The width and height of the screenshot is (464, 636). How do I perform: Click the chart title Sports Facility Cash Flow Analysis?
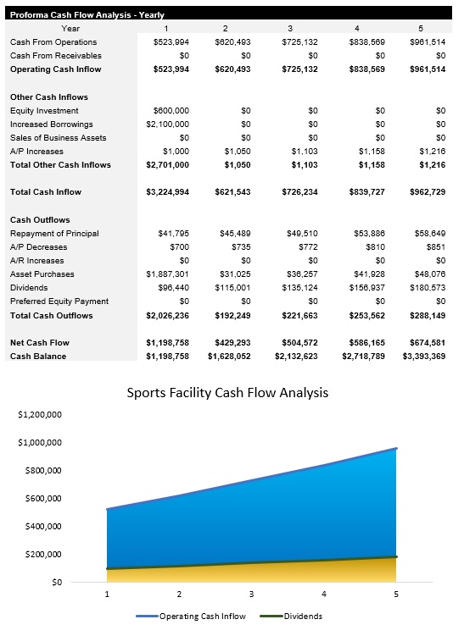point(226,393)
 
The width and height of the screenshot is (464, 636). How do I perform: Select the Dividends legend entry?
point(303,616)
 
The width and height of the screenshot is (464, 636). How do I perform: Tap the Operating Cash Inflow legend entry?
point(203,616)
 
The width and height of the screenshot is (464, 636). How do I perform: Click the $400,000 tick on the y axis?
point(38,527)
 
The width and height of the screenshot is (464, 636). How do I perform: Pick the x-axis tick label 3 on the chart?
point(251,594)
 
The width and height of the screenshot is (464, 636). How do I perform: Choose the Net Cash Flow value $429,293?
point(234,343)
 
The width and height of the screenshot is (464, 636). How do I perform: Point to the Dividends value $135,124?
point(300,288)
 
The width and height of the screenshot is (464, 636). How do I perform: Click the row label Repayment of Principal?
point(54,233)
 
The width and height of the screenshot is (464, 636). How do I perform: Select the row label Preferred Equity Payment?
point(59,301)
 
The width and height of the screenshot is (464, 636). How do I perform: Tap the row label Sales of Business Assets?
point(59,138)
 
